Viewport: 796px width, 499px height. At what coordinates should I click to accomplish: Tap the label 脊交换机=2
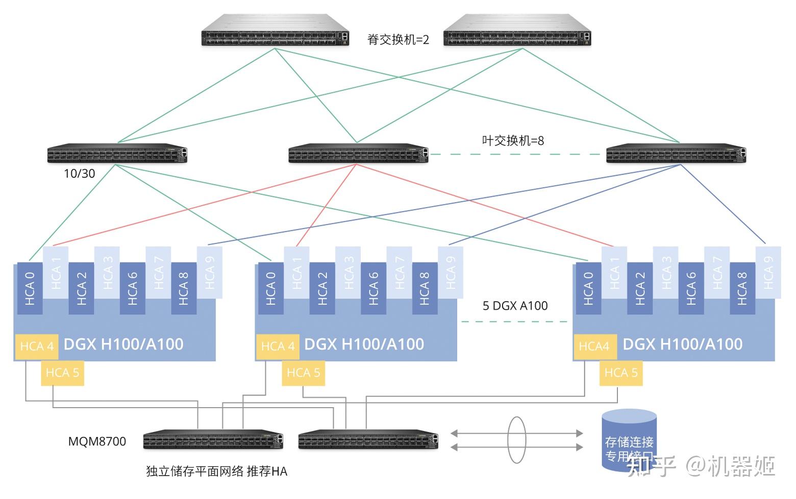[398, 40]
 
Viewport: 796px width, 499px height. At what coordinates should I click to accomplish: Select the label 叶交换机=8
[513, 140]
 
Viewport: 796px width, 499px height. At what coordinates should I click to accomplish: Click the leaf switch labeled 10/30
[117, 153]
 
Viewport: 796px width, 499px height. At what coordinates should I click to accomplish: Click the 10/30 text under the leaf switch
[79, 173]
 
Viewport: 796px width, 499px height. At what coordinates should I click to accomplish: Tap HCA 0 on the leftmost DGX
[30, 288]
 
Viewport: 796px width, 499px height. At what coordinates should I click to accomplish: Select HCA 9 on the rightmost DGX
[768, 272]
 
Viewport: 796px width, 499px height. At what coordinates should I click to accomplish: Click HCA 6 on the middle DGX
[374, 288]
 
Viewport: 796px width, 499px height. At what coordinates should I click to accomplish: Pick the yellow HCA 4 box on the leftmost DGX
[37, 346]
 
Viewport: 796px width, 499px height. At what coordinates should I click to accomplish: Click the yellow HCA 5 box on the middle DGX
[303, 373]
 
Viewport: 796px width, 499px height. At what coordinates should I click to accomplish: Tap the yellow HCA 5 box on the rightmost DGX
[621, 373]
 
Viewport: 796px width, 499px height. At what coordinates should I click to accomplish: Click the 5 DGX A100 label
[515, 306]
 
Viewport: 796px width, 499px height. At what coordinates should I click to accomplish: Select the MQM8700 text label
[97, 441]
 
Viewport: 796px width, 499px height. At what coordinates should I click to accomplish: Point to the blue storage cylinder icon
[629, 439]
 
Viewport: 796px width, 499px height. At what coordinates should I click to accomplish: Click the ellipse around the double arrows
[516, 440]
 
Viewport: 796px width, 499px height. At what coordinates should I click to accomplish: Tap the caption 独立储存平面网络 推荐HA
[216, 471]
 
